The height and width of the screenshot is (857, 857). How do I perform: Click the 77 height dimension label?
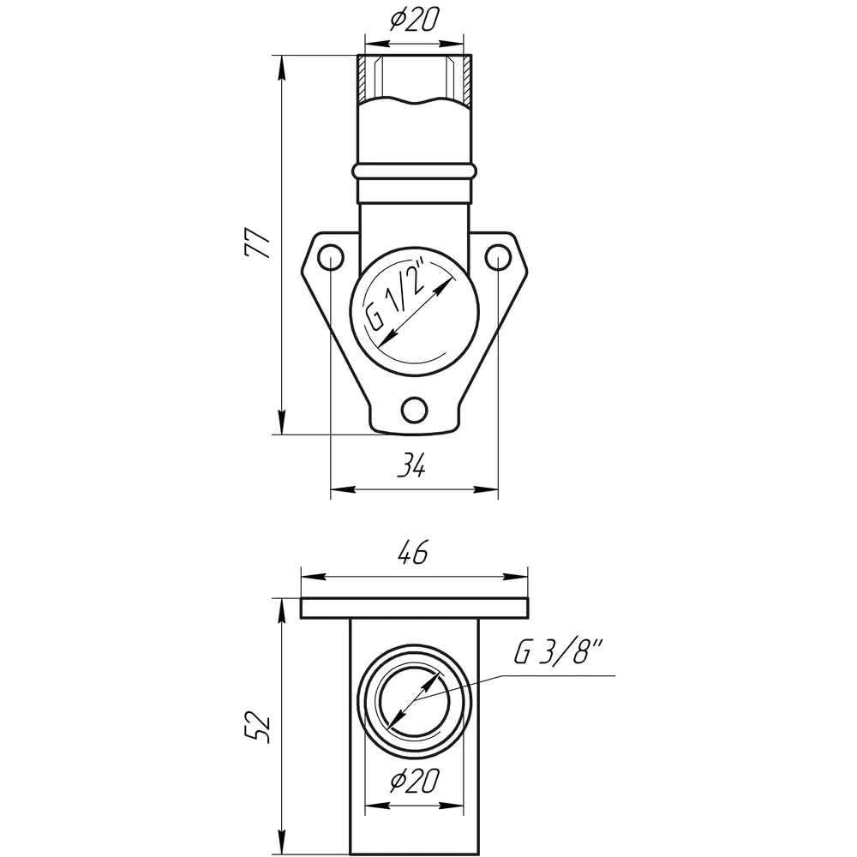pyautogui.click(x=258, y=243)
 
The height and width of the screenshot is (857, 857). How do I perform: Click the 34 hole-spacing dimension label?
pyautogui.click(x=411, y=466)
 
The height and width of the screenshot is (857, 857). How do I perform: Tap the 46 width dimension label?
pyautogui.click(x=413, y=552)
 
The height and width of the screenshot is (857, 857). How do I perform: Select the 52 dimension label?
pyautogui.click(x=257, y=727)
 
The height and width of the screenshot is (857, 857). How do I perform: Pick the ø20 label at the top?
pyautogui.click(x=414, y=21)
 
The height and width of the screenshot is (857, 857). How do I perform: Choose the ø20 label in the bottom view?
pyautogui.click(x=414, y=781)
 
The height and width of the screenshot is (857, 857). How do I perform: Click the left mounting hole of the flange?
pyautogui.click(x=330, y=257)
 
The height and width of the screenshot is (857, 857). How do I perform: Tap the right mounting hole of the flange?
pyautogui.click(x=498, y=257)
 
